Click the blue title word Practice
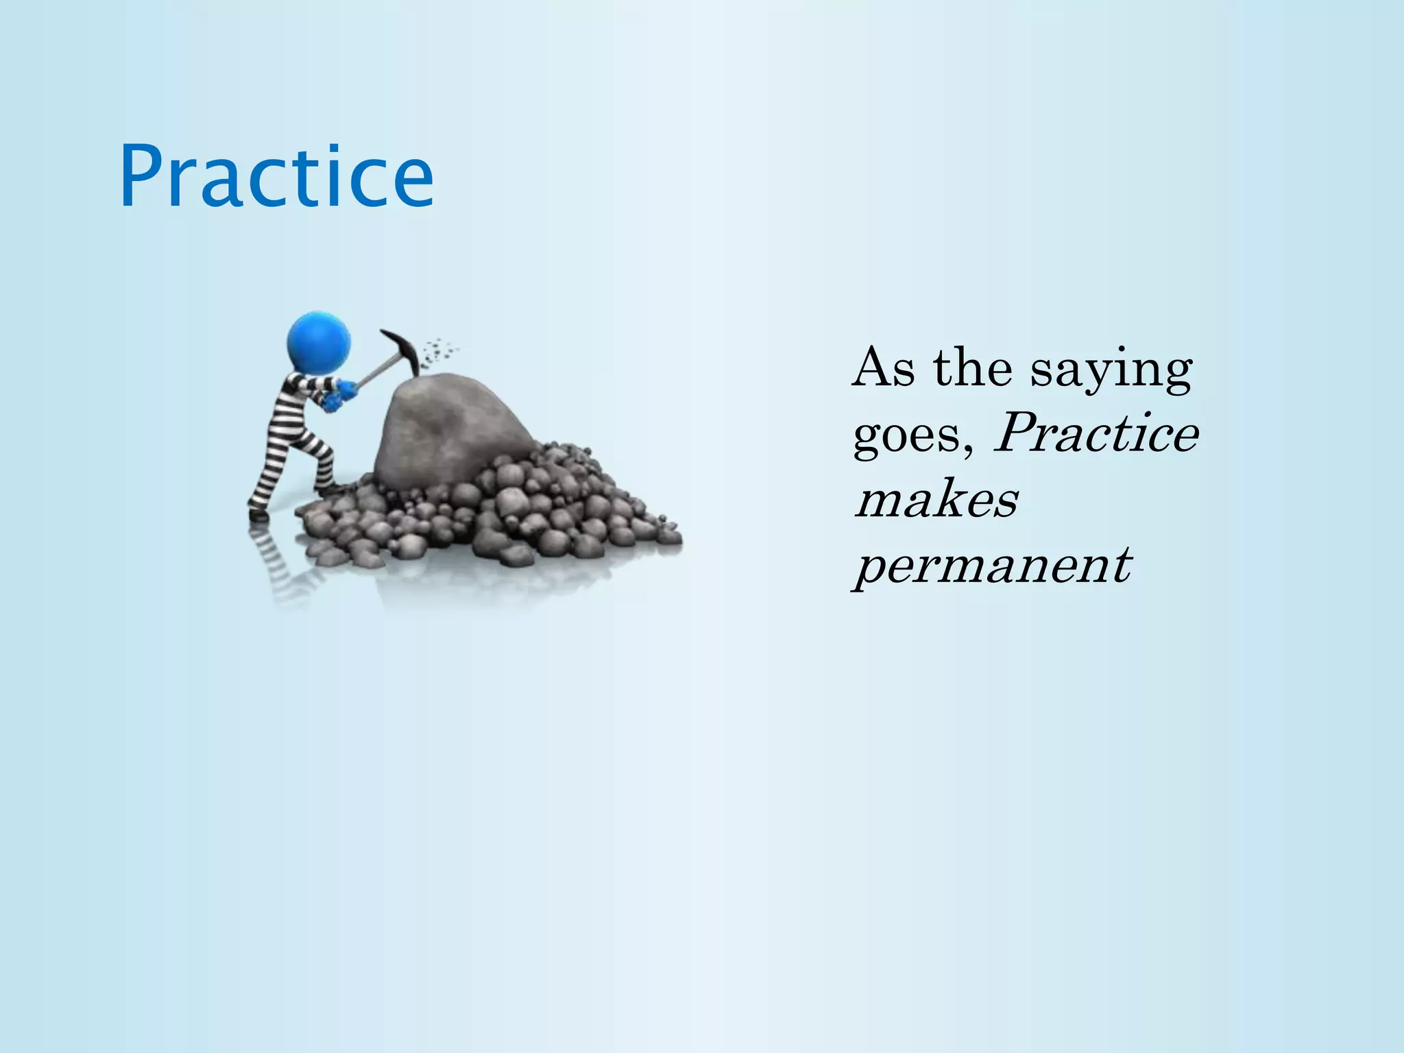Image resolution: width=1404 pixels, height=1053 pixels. (276, 177)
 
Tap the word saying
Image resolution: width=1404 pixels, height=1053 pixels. (1111, 370)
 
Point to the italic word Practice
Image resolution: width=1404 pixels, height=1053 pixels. (1096, 435)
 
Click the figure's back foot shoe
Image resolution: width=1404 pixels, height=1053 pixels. (257, 511)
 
